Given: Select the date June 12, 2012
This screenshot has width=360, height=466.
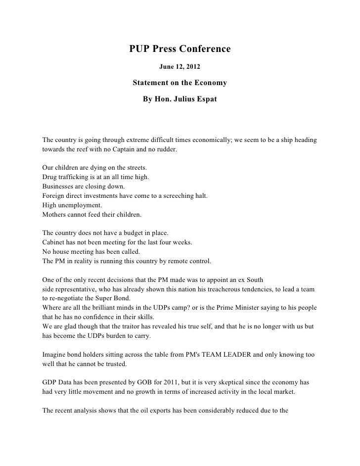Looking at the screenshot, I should point(180,66).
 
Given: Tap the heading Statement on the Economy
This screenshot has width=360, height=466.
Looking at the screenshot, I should point(180,82).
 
